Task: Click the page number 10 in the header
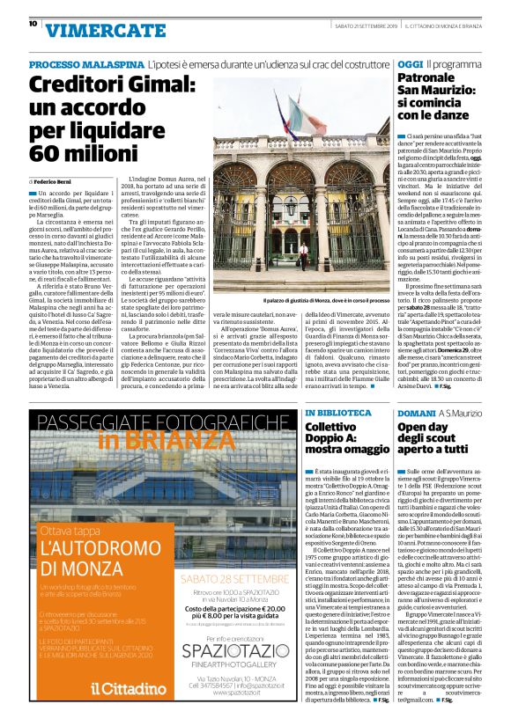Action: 33,24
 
